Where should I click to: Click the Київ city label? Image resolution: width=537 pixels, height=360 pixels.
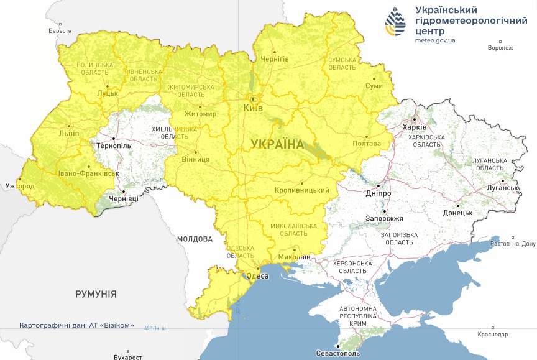click(x=253, y=108)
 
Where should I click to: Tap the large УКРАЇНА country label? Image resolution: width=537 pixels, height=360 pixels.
click(x=277, y=144)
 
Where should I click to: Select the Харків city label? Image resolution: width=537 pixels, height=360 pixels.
click(x=415, y=127)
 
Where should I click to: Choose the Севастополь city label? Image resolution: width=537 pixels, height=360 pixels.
click(x=337, y=353)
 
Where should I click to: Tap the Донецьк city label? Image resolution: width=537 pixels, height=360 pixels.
click(x=457, y=213)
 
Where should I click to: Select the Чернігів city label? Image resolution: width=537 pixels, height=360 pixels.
click(x=274, y=58)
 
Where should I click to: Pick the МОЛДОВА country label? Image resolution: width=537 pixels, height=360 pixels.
click(x=195, y=239)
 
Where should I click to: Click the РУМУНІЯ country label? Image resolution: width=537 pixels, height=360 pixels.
click(x=96, y=294)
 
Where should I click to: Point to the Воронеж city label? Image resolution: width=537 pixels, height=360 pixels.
click(x=500, y=48)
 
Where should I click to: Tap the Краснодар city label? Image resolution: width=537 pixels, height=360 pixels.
click(x=492, y=335)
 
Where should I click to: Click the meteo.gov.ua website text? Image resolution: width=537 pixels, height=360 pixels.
click(x=435, y=40)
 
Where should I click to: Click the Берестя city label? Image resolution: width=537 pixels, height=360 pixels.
click(x=60, y=31)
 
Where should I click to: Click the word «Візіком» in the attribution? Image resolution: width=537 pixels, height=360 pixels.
click(x=118, y=325)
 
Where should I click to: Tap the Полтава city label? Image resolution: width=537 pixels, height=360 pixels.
click(x=367, y=144)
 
